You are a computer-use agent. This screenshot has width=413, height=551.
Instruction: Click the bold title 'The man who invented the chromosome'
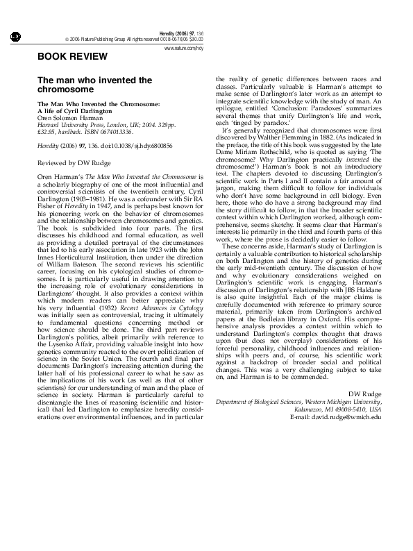[94, 85]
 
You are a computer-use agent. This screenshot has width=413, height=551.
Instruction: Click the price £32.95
[47, 130]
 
